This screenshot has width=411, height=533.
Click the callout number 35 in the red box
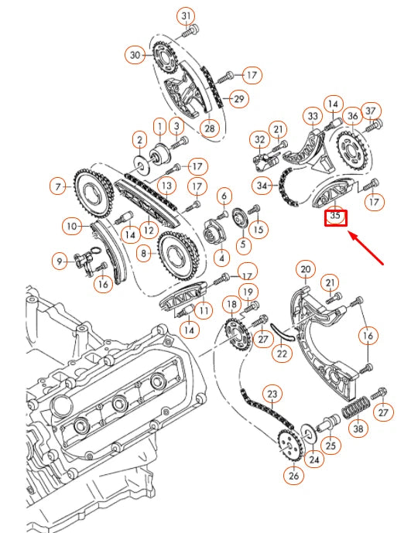click(335, 217)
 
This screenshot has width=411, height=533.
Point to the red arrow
click(368, 248)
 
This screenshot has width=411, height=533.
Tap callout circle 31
click(186, 15)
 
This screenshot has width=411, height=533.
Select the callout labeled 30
click(135, 55)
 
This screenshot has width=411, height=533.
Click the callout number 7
click(57, 186)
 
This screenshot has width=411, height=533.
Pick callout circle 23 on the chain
click(271, 394)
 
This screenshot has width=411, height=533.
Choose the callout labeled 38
click(357, 427)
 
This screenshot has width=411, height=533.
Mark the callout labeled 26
click(293, 476)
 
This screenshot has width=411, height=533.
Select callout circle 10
click(71, 227)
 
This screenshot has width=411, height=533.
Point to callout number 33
click(313, 117)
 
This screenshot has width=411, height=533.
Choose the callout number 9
click(60, 261)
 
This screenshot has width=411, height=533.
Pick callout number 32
click(258, 140)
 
